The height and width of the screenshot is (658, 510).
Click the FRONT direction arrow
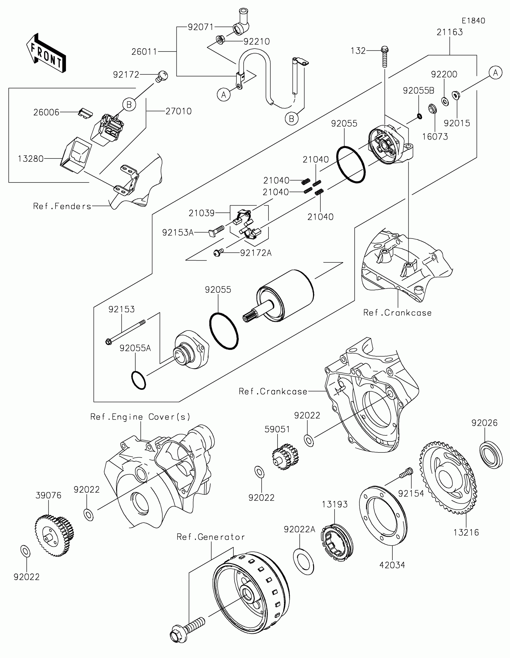click(46, 53)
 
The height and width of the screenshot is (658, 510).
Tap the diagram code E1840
click(473, 21)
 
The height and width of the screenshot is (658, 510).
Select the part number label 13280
click(31, 159)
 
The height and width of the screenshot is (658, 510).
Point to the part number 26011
click(144, 52)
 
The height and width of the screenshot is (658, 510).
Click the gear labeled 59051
click(285, 457)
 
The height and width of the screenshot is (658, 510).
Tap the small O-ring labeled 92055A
click(139, 381)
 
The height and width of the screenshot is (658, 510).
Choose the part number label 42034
click(392, 565)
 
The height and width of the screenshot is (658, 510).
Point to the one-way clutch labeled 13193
click(337, 542)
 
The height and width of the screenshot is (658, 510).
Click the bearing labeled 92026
click(491, 455)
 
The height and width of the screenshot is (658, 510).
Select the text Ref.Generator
click(211, 537)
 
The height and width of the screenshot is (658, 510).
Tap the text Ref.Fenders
click(62, 206)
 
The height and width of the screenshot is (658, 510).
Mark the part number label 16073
click(435, 137)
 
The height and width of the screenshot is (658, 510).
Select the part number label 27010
click(178, 111)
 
